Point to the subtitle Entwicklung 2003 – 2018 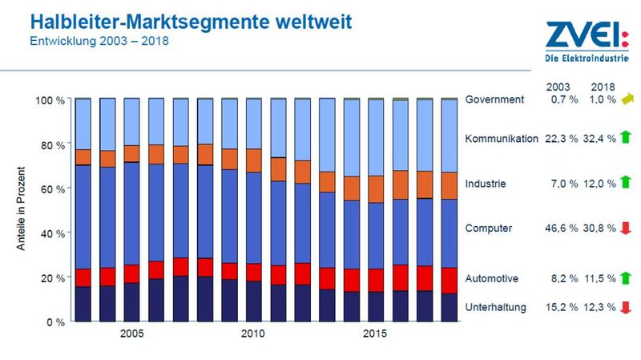(94, 39)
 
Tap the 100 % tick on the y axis (51, 100)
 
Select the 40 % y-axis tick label (54, 233)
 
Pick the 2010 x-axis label (252, 334)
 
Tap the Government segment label (494, 99)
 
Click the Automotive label (492, 278)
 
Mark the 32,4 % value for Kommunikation (601, 139)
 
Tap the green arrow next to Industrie (627, 182)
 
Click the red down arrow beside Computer (627, 229)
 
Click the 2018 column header (602, 86)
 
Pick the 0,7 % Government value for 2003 (562, 99)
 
